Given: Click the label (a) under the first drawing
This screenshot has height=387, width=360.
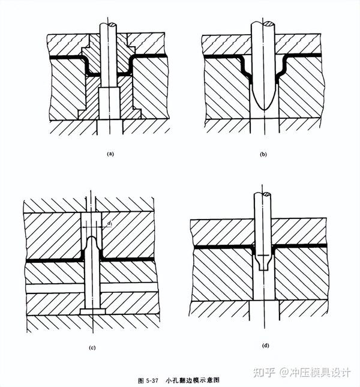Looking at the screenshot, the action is click(x=110, y=154).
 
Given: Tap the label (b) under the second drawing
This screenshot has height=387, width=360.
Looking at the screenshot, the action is click(x=262, y=154).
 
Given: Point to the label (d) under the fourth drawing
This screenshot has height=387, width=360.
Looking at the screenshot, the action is click(x=265, y=346).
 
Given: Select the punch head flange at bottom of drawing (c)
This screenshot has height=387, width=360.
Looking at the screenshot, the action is click(x=91, y=311).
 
